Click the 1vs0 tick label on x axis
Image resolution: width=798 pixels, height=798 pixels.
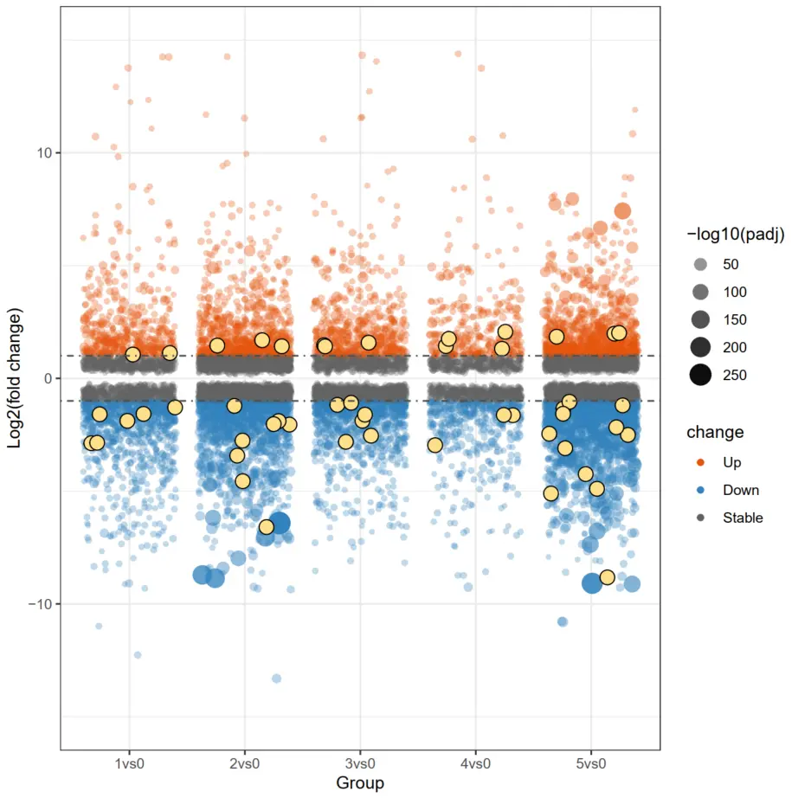pos(129,765)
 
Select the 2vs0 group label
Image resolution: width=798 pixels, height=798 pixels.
pos(244,765)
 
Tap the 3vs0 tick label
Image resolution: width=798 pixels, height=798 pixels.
pos(360,765)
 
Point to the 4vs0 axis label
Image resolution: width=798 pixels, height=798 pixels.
pos(475,765)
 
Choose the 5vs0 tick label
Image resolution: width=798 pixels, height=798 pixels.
pos(591,765)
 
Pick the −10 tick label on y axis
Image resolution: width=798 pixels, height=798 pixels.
pos(38,604)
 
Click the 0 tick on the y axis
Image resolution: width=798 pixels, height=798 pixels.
pos(48,378)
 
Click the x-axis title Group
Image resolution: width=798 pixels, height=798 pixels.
pos(360,783)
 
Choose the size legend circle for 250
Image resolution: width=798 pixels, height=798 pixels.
pos(701,375)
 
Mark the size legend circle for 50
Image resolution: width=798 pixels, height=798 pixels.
pos(701,264)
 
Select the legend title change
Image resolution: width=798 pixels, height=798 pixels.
pos(715,431)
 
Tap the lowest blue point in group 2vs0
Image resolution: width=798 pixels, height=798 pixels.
pos(276,679)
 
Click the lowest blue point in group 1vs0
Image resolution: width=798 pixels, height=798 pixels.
pos(138,655)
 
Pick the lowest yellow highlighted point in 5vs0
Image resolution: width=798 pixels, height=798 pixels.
pos(607,577)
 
